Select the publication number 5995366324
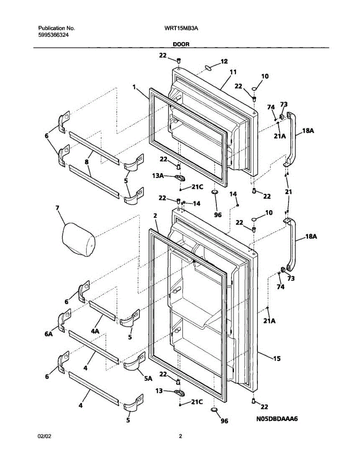pyautogui.click(x=54, y=34)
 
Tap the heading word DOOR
pyautogui.click(x=181, y=44)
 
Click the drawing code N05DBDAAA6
pyautogui.click(x=277, y=419)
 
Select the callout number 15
pyautogui.click(x=277, y=359)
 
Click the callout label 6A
pyautogui.click(x=48, y=334)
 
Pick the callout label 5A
pyautogui.click(x=148, y=378)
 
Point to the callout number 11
pyautogui.click(x=233, y=72)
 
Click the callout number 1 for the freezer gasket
pyautogui.click(x=134, y=87)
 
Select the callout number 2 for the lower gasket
pyautogui.click(x=155, y=216)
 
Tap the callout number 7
pyautogui.click(x=57, y=208)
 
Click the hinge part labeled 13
pyautogui.click(x=179, y=392)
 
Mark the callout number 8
pyautogui.click(x=87, y=162)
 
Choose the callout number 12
pyautogui.click(x=224, y=61)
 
